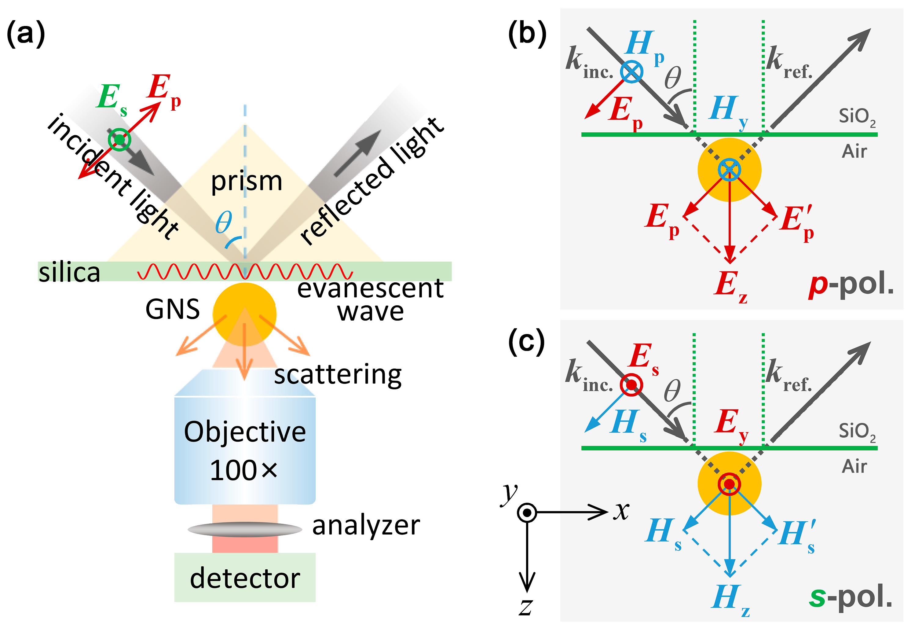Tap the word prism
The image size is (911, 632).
click(246, 181)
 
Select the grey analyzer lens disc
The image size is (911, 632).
click(245, 529)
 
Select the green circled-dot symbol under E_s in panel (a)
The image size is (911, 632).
click(119, 139)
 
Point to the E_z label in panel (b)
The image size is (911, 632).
click(730, 286)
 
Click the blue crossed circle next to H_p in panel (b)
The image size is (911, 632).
click(631, 72)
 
